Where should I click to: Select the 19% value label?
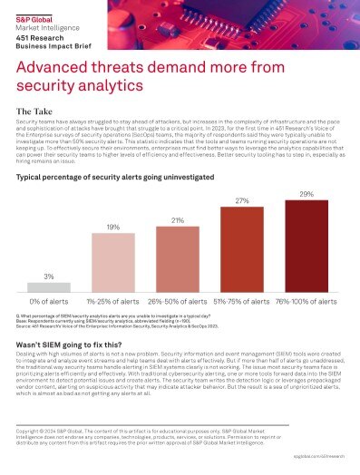pos(112,228)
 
